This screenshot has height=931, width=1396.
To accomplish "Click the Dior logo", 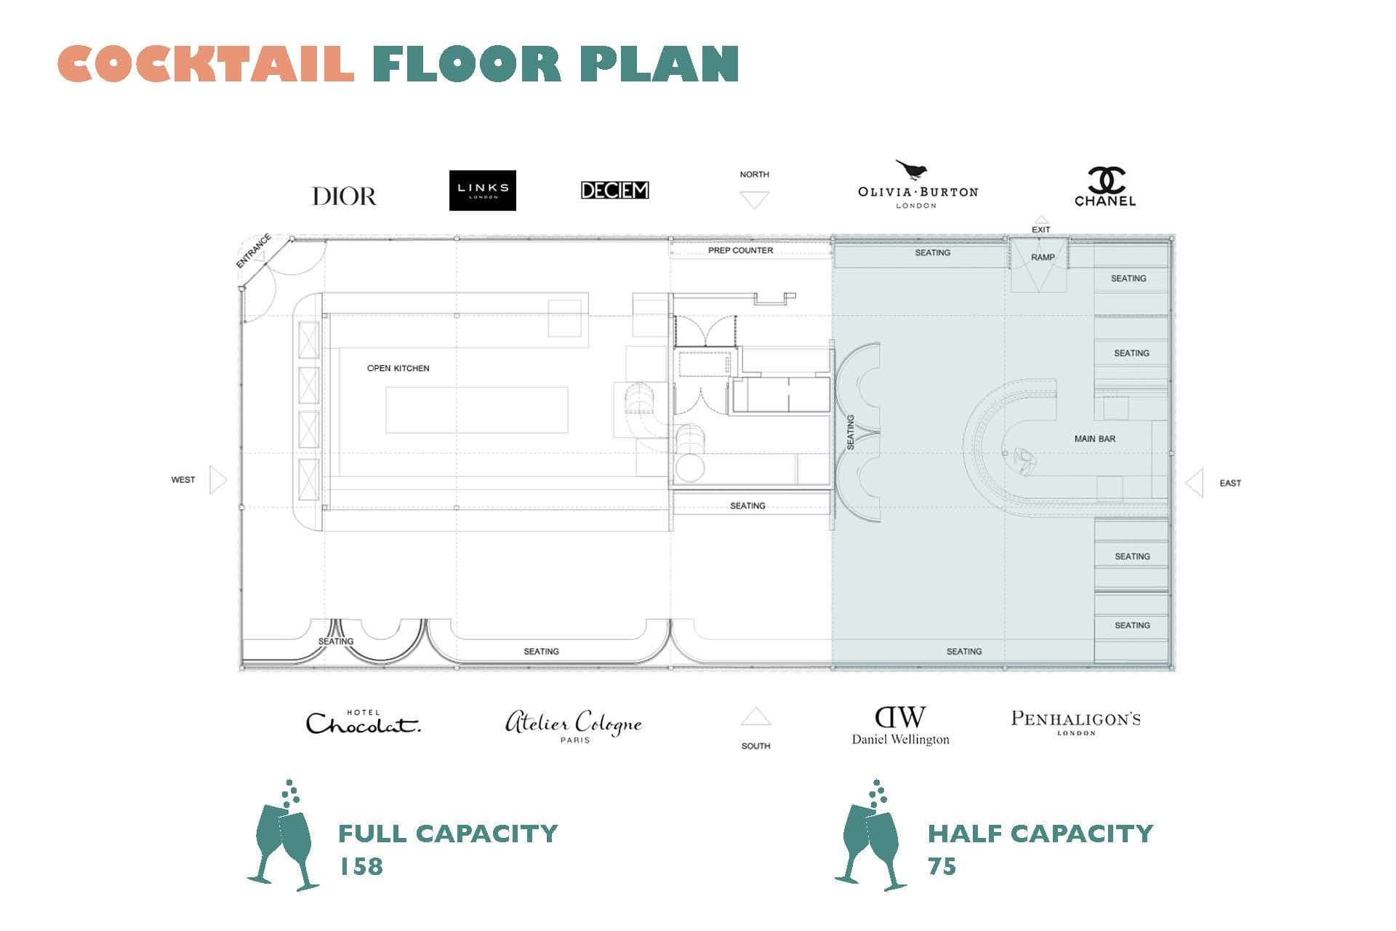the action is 344,196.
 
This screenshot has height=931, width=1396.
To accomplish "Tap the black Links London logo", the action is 483,191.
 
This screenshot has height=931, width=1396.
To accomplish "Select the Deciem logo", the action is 615,190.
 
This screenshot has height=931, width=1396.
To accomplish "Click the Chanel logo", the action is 1105,187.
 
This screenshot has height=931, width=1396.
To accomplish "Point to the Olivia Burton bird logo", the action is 918,184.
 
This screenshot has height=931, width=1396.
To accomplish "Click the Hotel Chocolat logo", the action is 363,722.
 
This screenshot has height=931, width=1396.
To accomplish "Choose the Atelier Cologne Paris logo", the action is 574,726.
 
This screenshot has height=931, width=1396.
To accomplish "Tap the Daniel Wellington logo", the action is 900,726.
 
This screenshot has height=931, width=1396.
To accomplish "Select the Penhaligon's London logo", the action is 1076,722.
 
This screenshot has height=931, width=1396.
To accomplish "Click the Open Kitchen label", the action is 398,368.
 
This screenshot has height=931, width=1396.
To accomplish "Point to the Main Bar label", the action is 1095,439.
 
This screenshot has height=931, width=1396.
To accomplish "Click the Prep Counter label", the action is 741,250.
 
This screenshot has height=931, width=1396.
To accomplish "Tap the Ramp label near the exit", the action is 1043,257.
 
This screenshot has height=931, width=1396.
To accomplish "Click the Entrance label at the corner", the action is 254,251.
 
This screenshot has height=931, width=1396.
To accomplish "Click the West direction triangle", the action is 217,480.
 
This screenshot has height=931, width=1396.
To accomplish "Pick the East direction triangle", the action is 1195,483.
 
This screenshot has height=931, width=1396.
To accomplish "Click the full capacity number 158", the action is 361,866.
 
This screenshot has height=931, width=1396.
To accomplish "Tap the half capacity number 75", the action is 942,866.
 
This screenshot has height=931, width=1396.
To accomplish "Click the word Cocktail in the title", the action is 206,63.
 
